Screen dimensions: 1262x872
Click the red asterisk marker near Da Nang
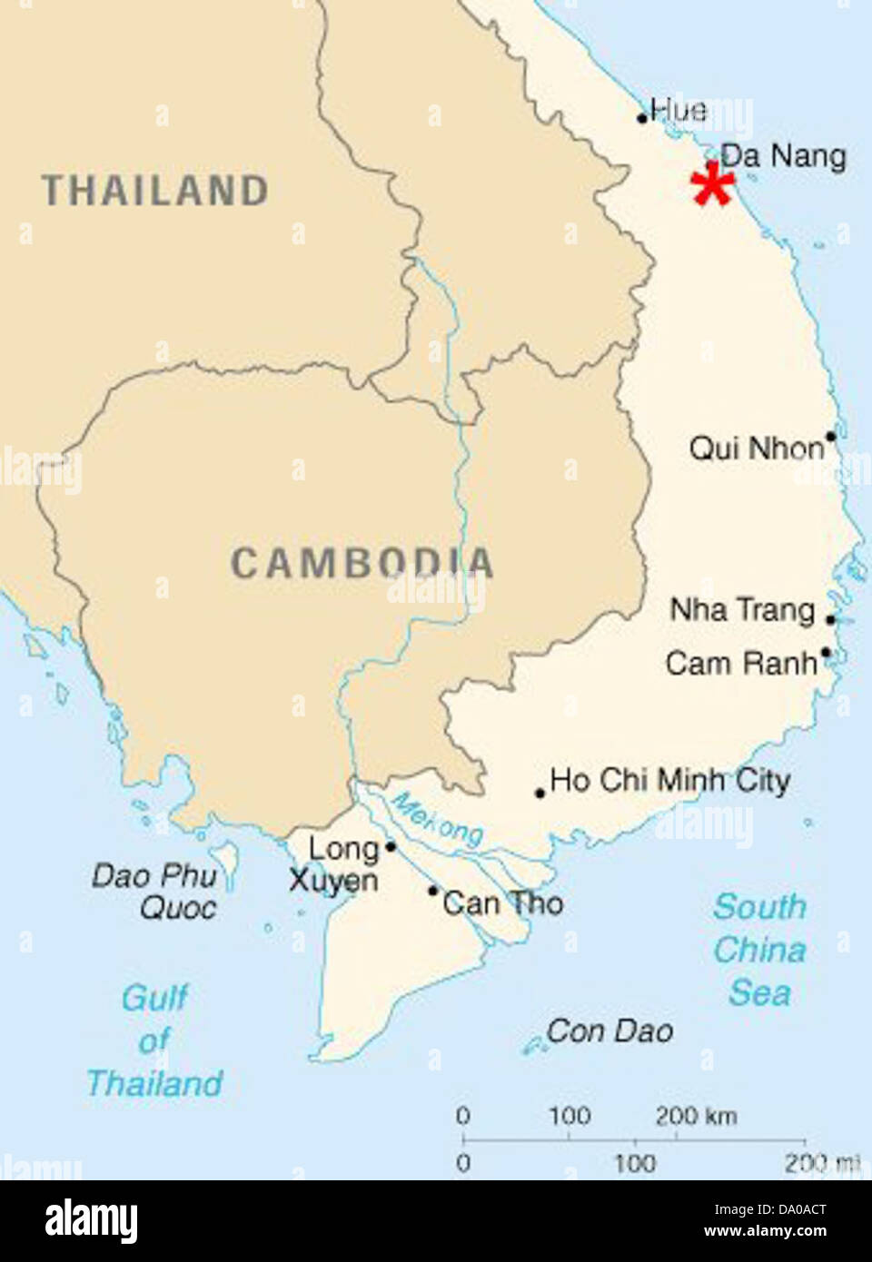712,185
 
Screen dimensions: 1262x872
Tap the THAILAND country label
155,191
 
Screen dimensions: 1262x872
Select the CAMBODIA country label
362,563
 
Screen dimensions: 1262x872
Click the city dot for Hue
642,118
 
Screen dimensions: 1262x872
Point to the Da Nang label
783,156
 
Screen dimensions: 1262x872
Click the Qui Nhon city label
756,448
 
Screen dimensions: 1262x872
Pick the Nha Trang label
742,609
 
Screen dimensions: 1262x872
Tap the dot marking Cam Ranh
825,652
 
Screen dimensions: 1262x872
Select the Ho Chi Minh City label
669,780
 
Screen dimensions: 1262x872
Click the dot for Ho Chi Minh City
540,793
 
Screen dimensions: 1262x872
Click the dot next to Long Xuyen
390,846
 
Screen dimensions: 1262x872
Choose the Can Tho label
502,902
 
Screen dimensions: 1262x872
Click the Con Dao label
609,1030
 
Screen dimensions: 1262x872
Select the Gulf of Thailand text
154,1040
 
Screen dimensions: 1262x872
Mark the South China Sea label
759,950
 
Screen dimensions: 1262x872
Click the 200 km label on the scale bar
696,1115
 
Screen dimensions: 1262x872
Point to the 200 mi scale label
821,1162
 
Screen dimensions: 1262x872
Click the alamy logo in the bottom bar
91,1220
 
